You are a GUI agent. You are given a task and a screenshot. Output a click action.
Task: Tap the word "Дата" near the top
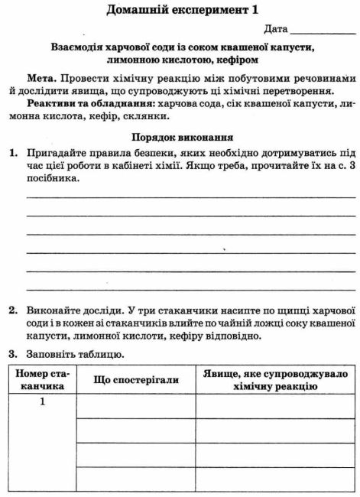coord(276,29)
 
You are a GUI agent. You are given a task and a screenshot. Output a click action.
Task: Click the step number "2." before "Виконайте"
coord(13,311)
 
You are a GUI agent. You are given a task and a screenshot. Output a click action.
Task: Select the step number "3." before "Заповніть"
coord(13,355)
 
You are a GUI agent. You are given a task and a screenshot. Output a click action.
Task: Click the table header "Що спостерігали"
coord(136,380)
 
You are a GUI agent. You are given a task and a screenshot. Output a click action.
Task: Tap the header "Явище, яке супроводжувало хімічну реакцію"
coord(274,380)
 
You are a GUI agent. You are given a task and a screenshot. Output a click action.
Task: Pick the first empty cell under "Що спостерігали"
coord(136,406)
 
